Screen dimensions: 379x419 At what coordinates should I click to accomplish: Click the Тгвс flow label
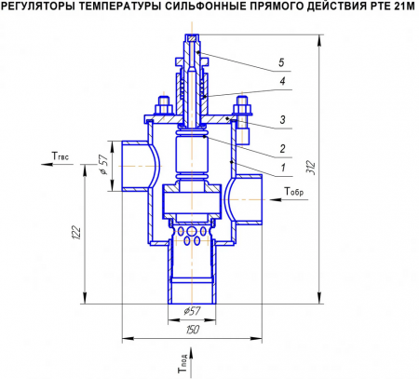click(58, 156)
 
